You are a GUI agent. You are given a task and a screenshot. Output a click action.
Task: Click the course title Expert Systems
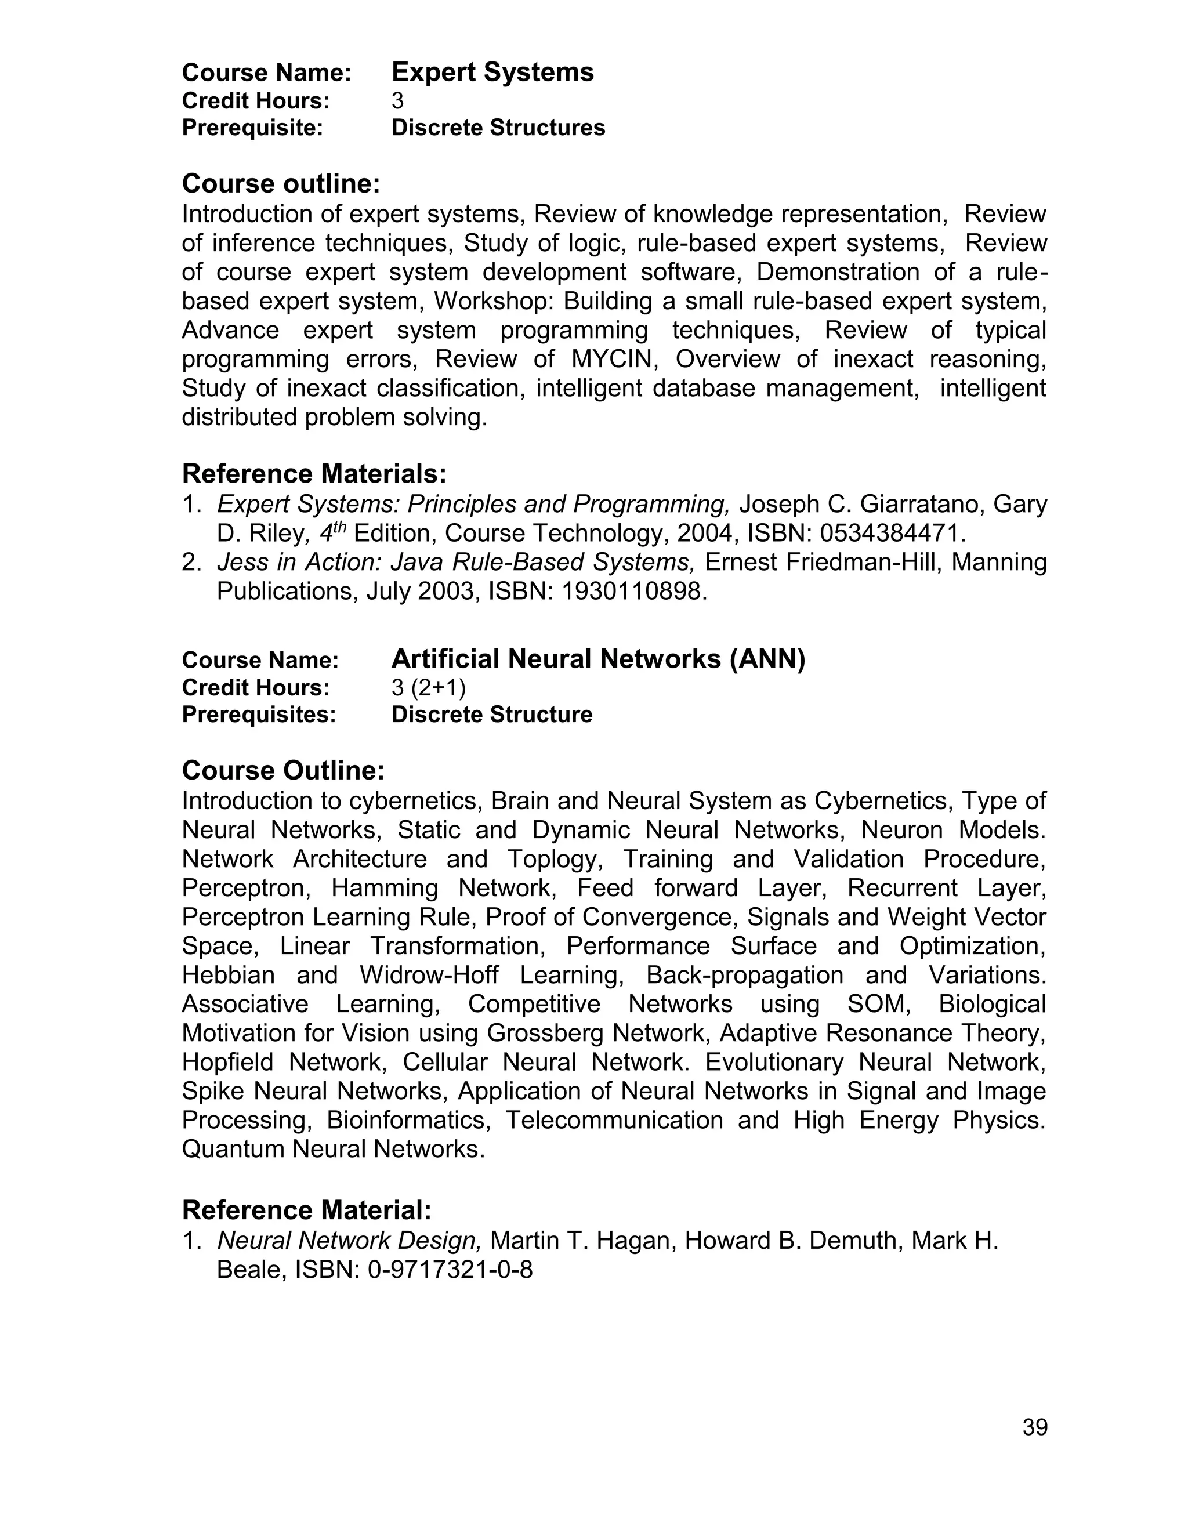point(492,72)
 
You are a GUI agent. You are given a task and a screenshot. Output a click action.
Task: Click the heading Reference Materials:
point(314,474)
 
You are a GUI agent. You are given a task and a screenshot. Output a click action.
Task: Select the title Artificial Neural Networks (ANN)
point(597,659)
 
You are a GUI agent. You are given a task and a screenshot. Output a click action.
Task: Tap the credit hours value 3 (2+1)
point(428,687)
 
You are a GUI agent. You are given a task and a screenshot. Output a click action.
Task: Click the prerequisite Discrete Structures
point(498,128)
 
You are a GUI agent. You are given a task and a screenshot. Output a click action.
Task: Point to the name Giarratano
point(907,504)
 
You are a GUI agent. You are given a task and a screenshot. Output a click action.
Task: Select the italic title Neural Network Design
point(349,1240)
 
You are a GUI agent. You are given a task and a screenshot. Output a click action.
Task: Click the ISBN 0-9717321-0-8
point(450,1270)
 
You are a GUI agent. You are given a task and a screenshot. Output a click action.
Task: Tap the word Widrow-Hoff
point(429,976)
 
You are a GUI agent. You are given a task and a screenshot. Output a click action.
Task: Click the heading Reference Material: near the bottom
point(306,1210)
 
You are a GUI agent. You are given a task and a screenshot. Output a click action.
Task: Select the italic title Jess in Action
point(296,562)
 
